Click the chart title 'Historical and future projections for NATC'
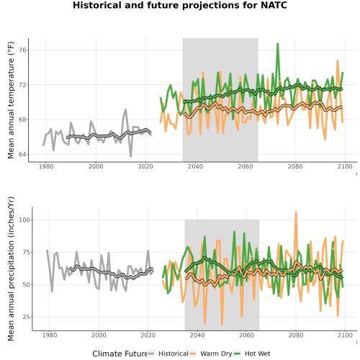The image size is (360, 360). click(x=180, y=5)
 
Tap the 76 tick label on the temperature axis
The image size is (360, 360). click(x=22, y=50)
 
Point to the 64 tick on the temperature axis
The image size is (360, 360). click(x=22, y=154)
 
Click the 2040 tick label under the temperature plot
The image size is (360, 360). click(x=195, y=166)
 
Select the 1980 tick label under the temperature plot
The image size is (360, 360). click(x=46, y=166)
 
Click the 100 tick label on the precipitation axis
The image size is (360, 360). click(x=24, y=220)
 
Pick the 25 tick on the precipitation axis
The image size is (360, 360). click(x=27, y=317)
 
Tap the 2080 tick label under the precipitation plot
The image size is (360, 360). click(x=296, y=335)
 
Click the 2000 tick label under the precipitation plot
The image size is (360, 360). click(x=99, y=335)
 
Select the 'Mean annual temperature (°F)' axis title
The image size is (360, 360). click(x=11, y=100)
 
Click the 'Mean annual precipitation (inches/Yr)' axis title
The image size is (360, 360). click(x=11, y=269)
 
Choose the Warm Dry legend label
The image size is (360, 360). click(x=216, y=354)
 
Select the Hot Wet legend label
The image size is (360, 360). click(x=258, y=354)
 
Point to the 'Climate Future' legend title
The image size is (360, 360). click(x=120, y=354)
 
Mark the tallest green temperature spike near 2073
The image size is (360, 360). click(x=278, y=44)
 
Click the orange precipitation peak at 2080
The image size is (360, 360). click(x=296, y=212)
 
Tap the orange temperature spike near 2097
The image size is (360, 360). click(x=338, y=60)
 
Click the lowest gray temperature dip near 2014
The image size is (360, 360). click(x=131, y=156)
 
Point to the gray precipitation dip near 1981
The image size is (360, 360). click(x=52, y=292)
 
